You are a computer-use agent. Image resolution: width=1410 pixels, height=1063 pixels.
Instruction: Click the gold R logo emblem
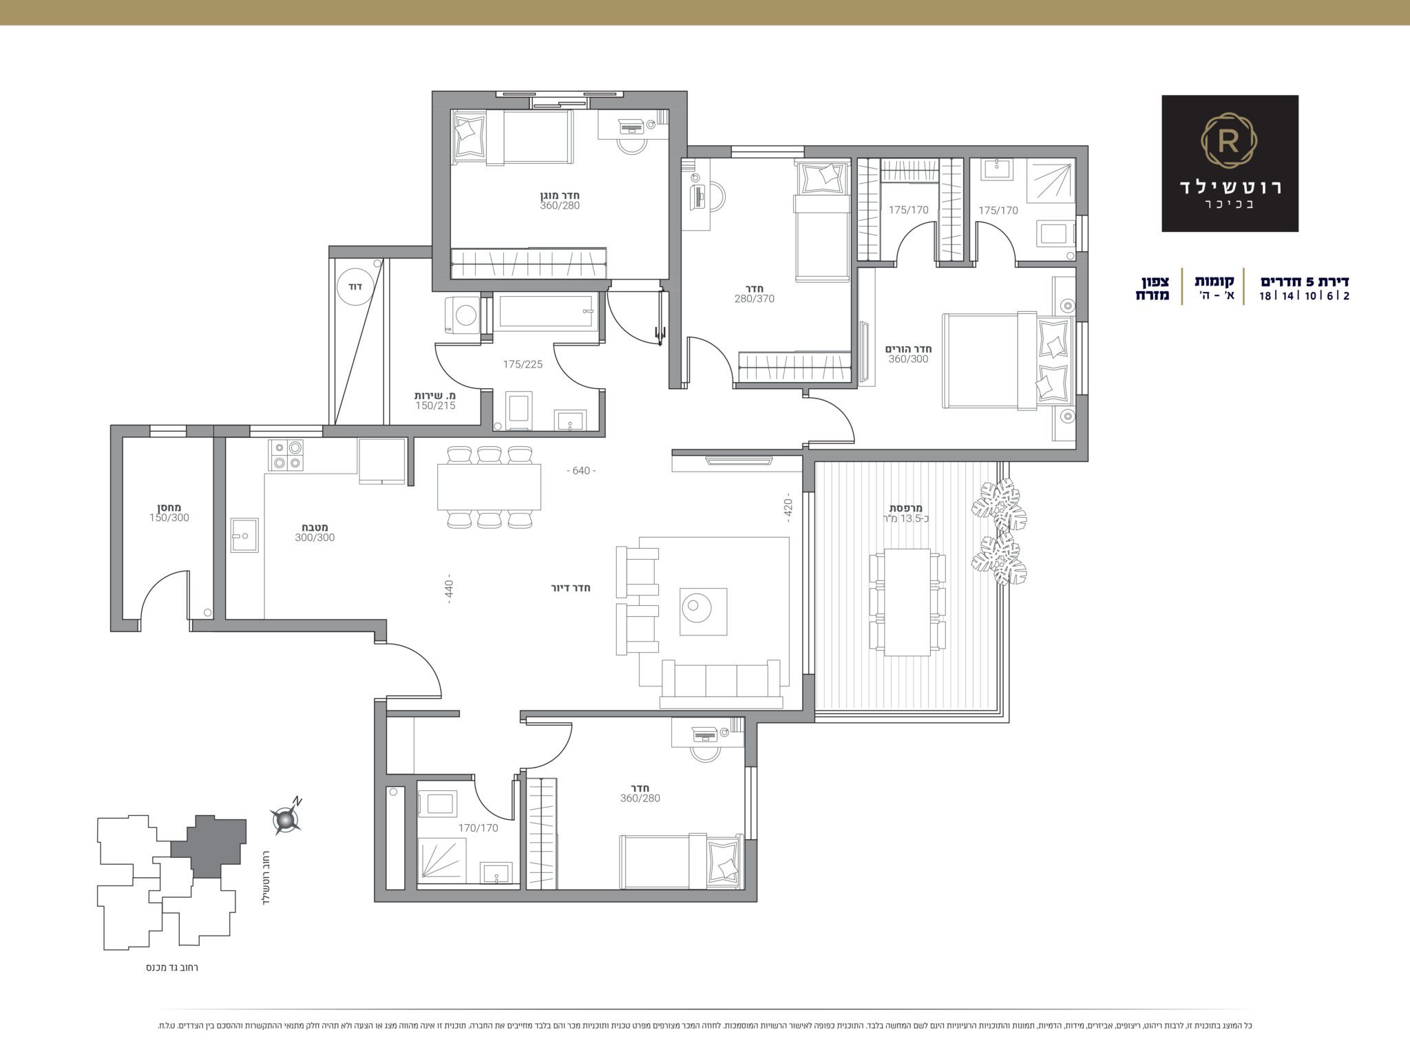[x=1230, y=143]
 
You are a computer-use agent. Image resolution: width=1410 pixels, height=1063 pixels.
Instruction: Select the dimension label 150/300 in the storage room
[x=169, y=518]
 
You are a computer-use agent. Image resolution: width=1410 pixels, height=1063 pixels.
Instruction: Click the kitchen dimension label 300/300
[x=315, y=537]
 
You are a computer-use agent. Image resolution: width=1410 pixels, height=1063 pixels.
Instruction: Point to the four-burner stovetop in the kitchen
[x=286, y=455]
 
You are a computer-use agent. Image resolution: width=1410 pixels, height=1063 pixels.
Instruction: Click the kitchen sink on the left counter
[x=245, y=535]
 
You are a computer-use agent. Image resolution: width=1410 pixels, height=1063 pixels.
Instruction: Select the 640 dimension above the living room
[x=581, y=471]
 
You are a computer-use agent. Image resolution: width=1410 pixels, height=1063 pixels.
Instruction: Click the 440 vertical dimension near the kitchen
[x=448, y=590]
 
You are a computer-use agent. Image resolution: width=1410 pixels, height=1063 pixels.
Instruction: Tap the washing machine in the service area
[x=461, y=315]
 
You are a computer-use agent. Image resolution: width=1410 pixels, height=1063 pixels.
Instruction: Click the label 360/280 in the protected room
[x=560, y=205]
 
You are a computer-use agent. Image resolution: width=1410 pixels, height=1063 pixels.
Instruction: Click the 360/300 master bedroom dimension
[x=908, y=359]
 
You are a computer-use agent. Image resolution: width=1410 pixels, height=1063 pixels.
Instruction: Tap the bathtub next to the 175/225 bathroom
[x=546, y=313]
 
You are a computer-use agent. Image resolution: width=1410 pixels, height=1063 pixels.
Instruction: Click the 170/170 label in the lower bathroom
[x=478, y=828]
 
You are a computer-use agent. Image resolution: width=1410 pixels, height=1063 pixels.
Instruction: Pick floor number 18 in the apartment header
[x=1265, y=296]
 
